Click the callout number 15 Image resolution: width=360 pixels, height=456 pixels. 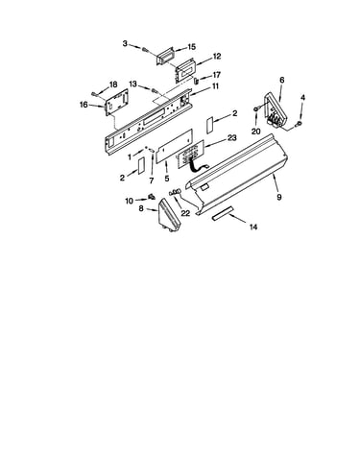coord(191,47)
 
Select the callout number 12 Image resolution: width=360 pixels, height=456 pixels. coord(217,57)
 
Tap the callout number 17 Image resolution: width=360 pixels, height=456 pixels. coord(216,75)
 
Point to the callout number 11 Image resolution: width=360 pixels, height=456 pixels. coord(215,86)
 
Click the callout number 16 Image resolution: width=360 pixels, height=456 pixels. coord(84,105)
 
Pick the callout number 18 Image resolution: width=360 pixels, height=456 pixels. coord(113,84)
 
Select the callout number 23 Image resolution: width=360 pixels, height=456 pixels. coord(232,137)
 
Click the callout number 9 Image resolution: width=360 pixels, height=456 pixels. coord(279,197)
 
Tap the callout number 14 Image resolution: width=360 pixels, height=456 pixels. coord(253,227)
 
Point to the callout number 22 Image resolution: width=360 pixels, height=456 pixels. coord(185,213)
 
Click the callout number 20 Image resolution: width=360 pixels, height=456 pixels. coord(256,132)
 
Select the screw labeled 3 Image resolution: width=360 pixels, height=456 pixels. coord(146,50)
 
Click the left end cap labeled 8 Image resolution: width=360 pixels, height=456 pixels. coord(169,215)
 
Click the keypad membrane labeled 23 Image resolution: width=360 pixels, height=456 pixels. coord(191,153)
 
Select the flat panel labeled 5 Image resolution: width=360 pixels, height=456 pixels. coord(174,146)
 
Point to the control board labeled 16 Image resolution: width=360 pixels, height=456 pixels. coord(117,102)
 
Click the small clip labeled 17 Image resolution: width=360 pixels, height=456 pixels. coord(196,79)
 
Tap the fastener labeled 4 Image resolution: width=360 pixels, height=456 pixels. coord(300,124)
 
